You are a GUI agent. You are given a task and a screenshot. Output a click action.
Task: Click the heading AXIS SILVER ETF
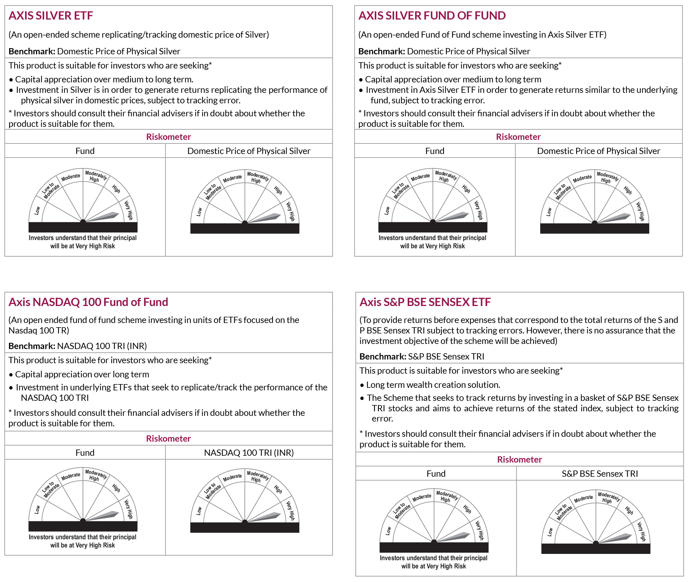click(x=51, y=16)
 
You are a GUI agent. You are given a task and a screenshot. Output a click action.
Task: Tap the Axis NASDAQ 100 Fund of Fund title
click(x=88, y=302)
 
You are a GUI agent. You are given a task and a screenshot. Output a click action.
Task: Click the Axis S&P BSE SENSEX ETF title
click(x=425, y=302)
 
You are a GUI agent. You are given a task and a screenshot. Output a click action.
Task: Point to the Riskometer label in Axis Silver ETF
click(x=168, y=137)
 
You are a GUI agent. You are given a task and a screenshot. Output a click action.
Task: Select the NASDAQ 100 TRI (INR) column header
click(x=249, y=452)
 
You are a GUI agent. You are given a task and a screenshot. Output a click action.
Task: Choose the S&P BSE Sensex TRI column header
click(x=600, y=474)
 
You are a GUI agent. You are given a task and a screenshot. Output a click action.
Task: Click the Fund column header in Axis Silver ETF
click(x=85, y=151)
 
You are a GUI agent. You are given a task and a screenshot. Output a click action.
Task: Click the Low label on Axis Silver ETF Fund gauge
click(x=37, y=211)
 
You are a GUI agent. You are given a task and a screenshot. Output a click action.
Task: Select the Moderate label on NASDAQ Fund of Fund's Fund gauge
click(x=71, y=476)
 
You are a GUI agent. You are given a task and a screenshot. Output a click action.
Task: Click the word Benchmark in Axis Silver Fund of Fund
click(x=381, y=51)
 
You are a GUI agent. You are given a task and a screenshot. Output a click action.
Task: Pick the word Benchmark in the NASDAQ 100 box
click(x=31, y=346)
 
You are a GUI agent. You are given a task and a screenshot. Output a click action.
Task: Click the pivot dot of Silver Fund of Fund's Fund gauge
click(x=433, y=221)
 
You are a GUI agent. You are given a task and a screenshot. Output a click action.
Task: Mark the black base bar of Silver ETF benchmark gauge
click(x=245, y=229)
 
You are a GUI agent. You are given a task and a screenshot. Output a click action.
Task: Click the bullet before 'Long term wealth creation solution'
click(x=362, y=385)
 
